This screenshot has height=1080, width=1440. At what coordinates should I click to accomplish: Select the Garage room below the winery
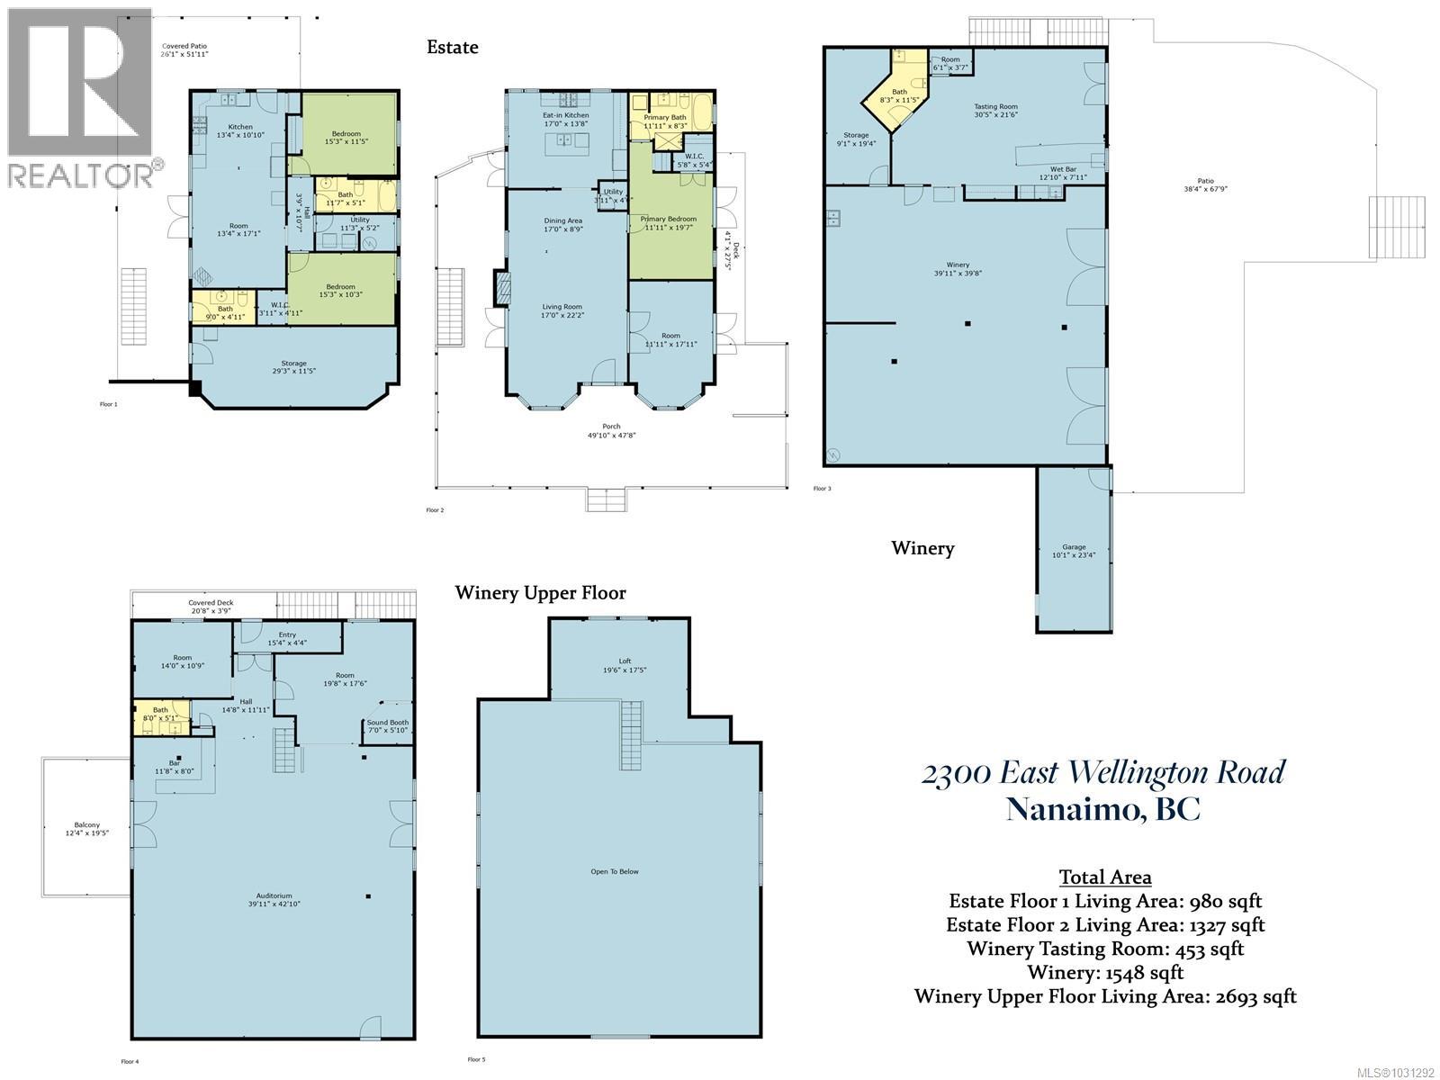pyautogui.click(x=1074, y=550)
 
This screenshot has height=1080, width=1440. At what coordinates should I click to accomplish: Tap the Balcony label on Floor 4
pyautogui.click(x=87, y=828)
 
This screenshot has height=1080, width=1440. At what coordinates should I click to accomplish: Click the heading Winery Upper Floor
pyautogui.click(x=540, y=592)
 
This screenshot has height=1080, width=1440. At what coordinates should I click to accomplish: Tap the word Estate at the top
pyautogui.click(x=452, y=47)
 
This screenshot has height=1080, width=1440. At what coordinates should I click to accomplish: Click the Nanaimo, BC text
pyautogui.click(x=1102, y=808)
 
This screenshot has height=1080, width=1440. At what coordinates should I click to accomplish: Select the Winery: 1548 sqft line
pyautogui.click(x=1105, y=972)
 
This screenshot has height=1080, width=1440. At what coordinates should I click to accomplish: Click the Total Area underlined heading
pyautogui.click(x=1104, y=877)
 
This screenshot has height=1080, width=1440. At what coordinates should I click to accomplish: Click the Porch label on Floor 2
pyautogui.click(x=611, y=431)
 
